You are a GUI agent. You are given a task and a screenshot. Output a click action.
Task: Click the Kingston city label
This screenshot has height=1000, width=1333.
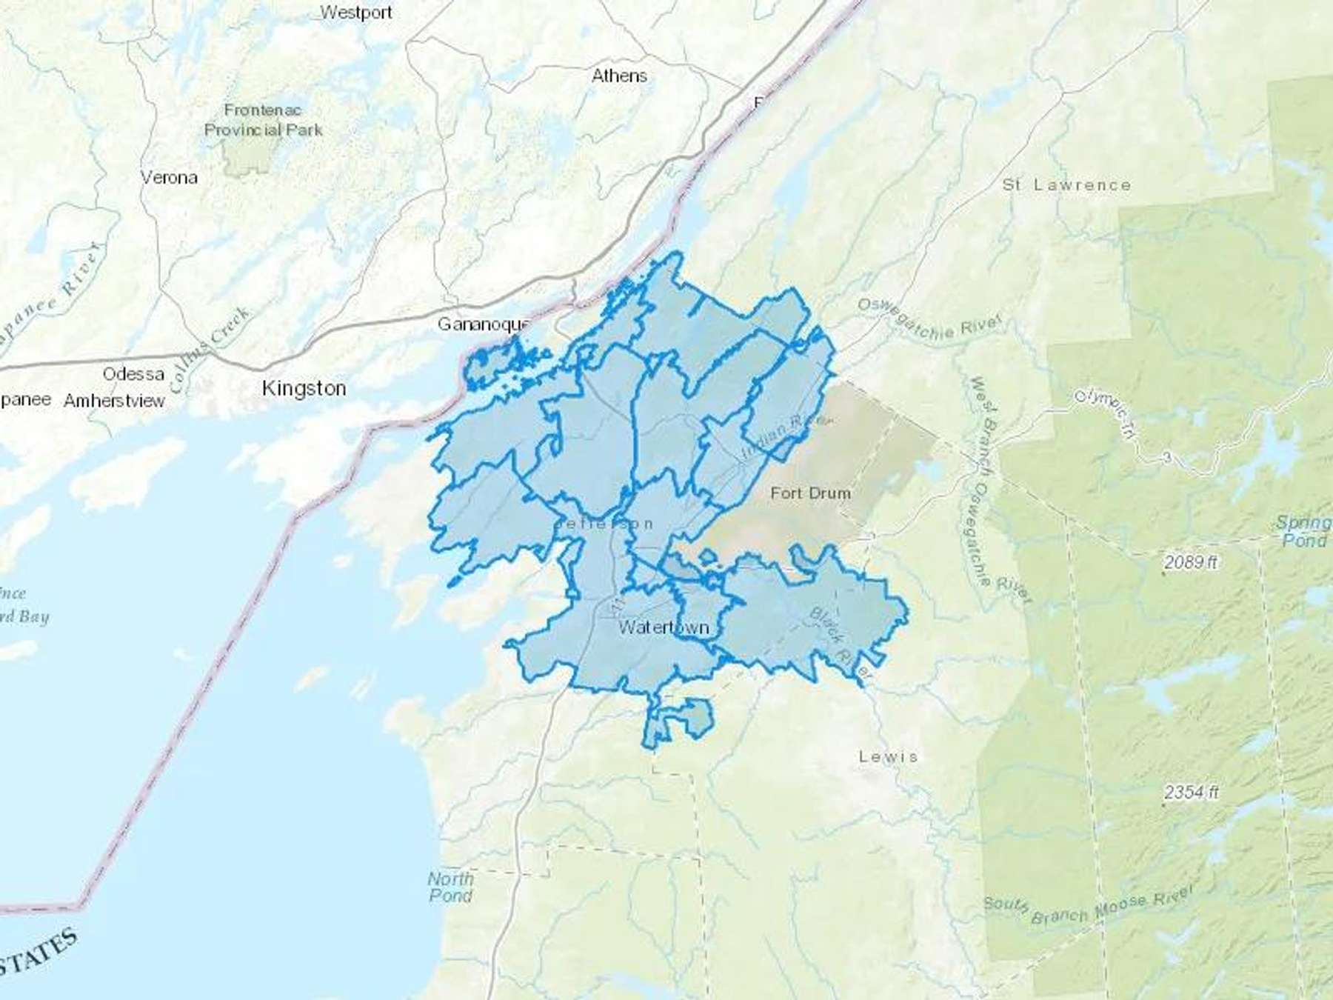point(304,388)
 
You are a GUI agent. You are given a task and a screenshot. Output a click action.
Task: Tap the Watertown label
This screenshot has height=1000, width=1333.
point(664,627)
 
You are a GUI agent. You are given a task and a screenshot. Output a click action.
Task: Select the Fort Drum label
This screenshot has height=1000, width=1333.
point(810,493)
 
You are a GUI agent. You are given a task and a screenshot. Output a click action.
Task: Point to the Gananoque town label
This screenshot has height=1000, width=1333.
point(483,324)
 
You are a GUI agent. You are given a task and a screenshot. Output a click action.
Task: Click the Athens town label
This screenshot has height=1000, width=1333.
point(619,76)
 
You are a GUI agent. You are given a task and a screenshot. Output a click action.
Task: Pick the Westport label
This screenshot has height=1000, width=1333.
point(356,13)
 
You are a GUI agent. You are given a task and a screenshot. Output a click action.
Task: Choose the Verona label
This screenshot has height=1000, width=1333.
point(169,178)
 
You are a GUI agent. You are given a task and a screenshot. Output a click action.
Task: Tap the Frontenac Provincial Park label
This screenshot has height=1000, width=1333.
point(263,120)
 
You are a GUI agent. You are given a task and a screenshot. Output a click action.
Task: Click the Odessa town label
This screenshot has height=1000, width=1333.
point(133,374)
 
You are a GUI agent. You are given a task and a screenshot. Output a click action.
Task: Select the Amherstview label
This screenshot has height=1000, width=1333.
point(114,401)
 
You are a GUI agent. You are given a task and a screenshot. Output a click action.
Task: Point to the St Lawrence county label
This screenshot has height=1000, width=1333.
point(1066,184)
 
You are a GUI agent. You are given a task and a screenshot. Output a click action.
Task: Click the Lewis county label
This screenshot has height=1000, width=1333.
point(888,756)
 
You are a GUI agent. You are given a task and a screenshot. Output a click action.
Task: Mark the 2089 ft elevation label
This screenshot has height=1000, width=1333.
point(1190,562)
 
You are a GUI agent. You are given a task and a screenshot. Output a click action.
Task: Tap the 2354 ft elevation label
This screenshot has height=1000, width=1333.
point(1190,793)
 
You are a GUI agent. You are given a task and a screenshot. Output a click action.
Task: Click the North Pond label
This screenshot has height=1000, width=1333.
point(450,887)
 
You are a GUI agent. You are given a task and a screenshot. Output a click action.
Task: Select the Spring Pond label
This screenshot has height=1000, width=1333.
point(1304,531)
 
